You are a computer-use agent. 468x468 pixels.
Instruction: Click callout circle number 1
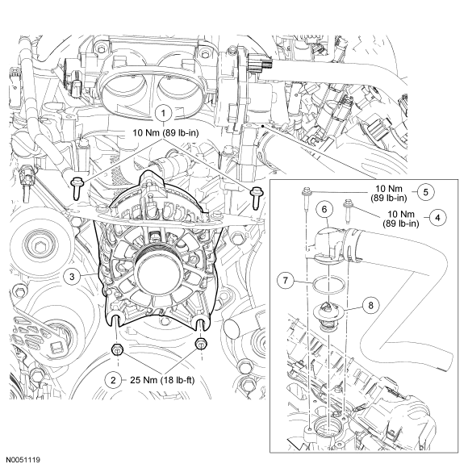(163, 114)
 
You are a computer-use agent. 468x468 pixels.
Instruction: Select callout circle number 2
(113, 380)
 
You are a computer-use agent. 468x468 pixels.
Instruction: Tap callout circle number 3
(72, 277)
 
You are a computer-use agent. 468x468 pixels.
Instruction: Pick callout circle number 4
(437, 218)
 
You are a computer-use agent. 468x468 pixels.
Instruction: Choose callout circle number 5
(425, 192)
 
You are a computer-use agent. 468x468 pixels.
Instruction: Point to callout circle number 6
(324, 209)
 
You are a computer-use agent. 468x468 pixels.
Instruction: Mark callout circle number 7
(286, 281)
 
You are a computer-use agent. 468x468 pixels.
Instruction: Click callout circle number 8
(370, 305)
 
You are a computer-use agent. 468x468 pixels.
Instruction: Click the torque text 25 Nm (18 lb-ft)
(162, 380)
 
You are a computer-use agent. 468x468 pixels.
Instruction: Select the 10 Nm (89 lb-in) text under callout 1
(165, 133)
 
